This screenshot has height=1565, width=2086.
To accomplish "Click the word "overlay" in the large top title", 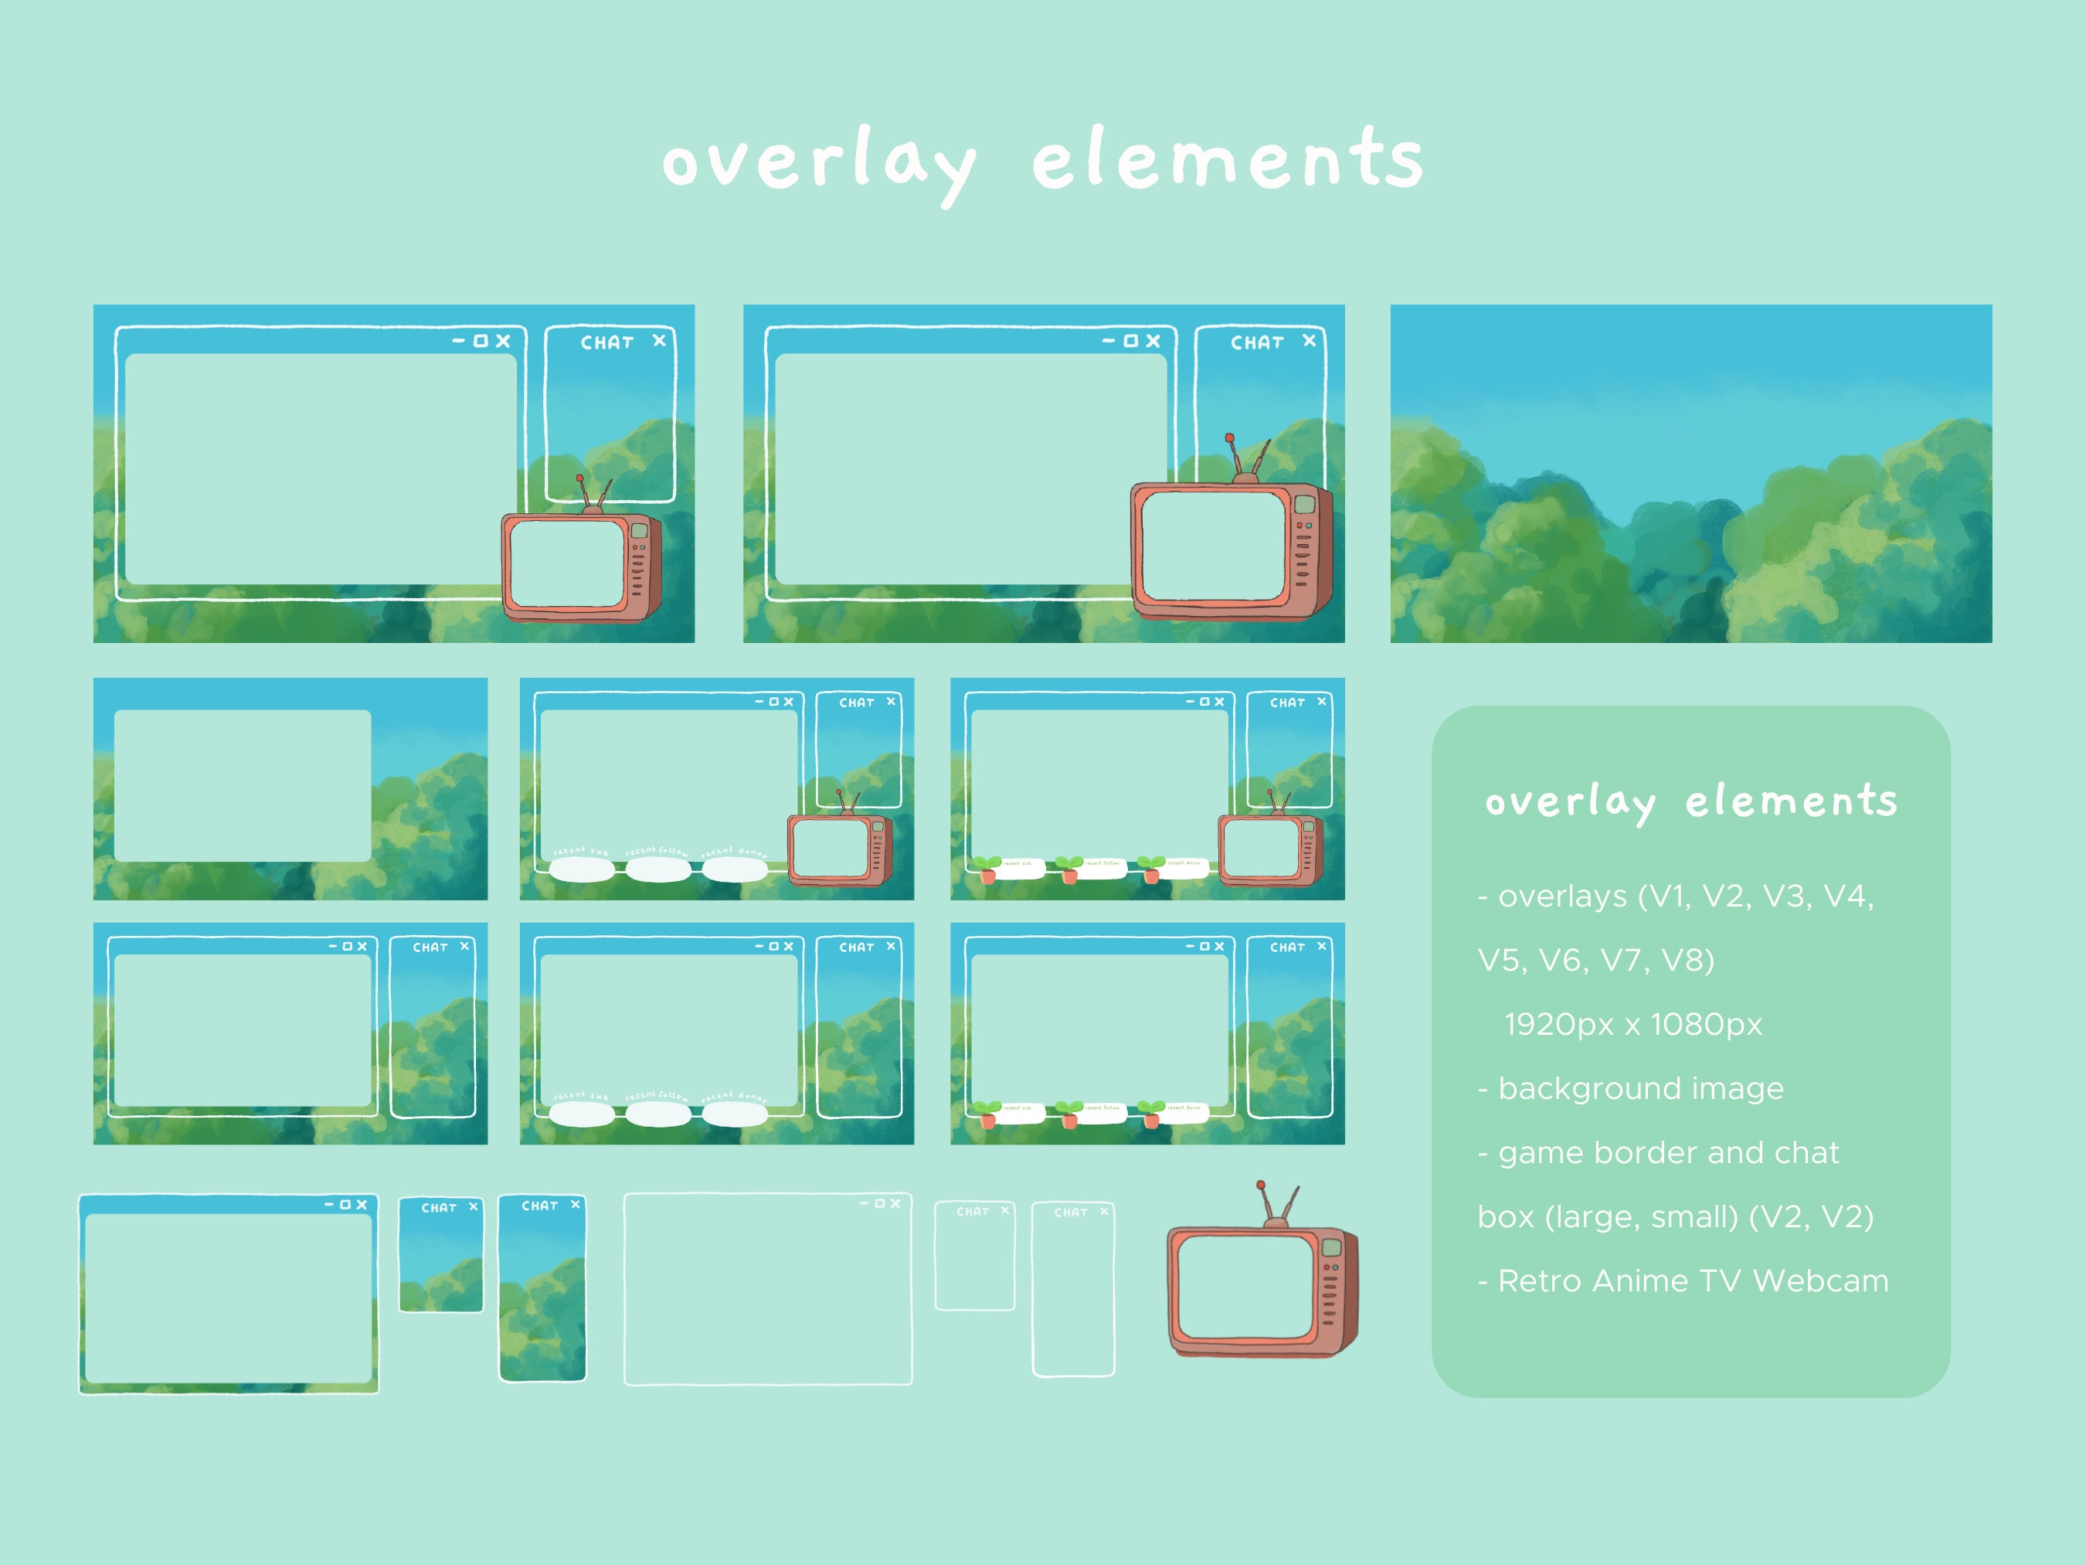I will coord(818,162).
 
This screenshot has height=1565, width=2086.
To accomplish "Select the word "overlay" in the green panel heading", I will coord(1569,802).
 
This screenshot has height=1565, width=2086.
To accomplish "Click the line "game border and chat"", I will coord(1659,1153).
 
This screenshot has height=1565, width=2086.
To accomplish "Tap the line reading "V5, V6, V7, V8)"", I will coord(1595,961).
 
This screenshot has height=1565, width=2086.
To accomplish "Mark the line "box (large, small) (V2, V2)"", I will coord(1675,1217).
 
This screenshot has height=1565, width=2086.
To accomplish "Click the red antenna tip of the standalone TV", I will coord(1260,1185).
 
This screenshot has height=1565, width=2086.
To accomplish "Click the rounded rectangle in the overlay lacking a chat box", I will coord(243,785).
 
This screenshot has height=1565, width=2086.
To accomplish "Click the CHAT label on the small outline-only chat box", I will coord(972,1211).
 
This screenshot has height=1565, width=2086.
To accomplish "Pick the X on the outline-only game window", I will coord(895,1204).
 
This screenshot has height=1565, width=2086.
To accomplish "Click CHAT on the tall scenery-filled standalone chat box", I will coord(539,1206).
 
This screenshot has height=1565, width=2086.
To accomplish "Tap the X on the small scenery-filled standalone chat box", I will coord(474,1206).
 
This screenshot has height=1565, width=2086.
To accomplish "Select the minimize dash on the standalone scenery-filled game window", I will coord(329,1205).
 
